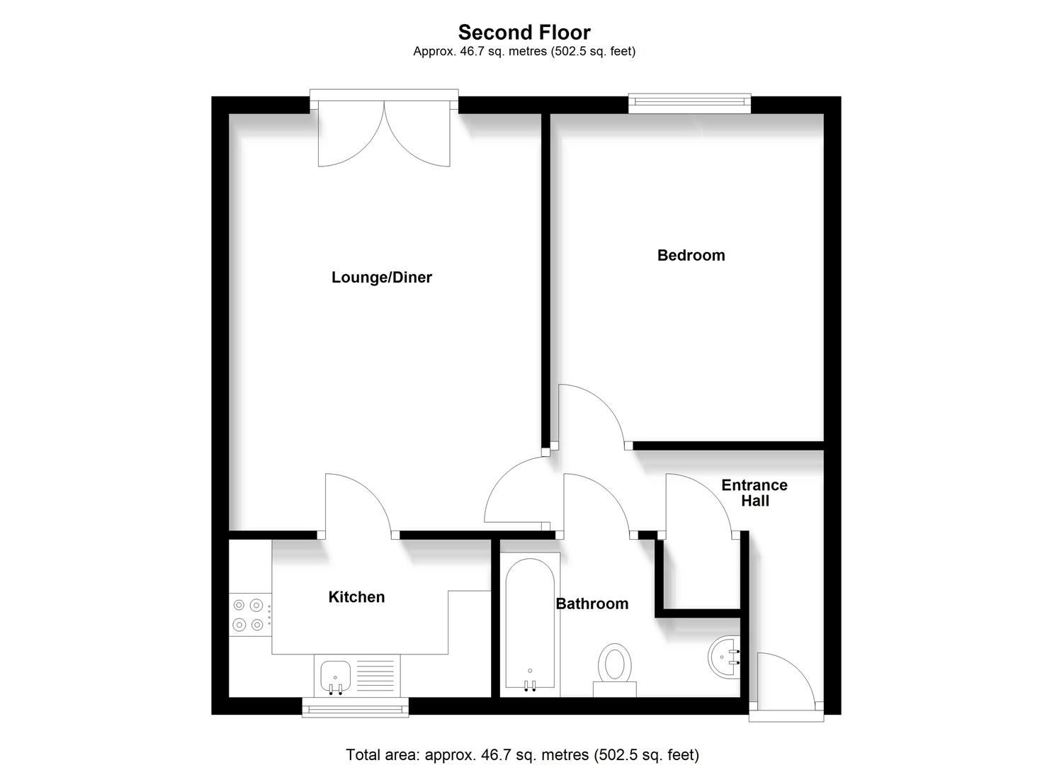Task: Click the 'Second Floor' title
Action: coord(524,32)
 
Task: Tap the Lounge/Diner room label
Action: coord(381,278)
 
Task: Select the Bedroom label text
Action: coord(691,255)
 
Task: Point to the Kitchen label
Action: coord(356,597)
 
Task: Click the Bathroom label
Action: coord(592,603)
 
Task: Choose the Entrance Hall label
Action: coord(754,493)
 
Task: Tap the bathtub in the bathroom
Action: coord(530,623)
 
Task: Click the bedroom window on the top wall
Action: coord(690,103)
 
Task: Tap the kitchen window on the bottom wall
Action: coord(355,707)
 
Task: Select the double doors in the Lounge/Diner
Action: coord(384,135)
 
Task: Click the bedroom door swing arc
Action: coord(592,414)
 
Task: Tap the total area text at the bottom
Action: coord(522,755)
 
